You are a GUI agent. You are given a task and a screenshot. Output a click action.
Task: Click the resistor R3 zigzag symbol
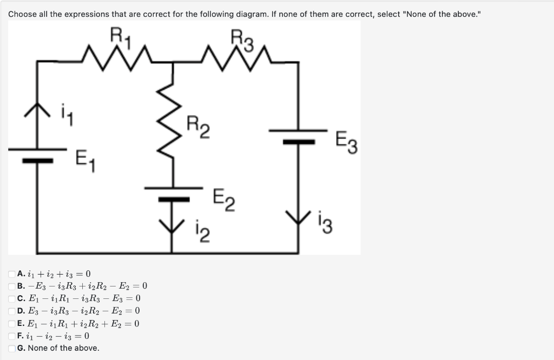[236, 54]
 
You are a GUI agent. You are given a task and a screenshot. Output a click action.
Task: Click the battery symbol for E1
[37, 154]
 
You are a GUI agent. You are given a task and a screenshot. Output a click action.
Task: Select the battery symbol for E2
[173, 194]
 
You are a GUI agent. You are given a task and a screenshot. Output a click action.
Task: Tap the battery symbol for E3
[299, 136]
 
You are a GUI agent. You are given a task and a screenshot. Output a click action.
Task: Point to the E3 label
[346, 142]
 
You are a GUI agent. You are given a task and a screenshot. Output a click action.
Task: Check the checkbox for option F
[11, 336]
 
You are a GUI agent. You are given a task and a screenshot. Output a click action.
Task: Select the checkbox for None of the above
[11, 348]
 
